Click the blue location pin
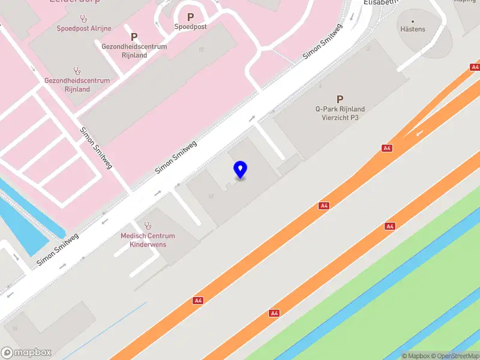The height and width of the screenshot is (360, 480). click(x=240, y=170)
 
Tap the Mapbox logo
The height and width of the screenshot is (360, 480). click(x=26, y=352)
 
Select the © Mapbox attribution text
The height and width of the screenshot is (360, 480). click(x=417, y=356)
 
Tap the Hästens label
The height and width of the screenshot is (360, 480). click(x=412, y=29)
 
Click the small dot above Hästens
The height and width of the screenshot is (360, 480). click(x=412, y=21)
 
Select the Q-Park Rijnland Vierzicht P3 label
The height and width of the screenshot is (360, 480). click(x=340, y=113)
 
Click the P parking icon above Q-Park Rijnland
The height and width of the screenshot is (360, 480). click(x=340, y=99)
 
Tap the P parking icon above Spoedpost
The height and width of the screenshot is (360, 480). click(x=190, y=17)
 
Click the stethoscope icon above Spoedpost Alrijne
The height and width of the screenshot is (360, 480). click(x=77, y=18)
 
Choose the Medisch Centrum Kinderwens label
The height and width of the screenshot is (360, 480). click(x=148, y=240)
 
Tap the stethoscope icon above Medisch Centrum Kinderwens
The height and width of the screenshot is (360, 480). click(x=148, y=226)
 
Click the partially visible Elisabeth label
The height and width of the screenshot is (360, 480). click(x=381, y=2)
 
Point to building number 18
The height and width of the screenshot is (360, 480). click(x=14, y=328)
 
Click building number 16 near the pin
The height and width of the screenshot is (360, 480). click(x=211, y=196)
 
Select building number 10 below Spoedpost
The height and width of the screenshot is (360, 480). click(x=201, y=50)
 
